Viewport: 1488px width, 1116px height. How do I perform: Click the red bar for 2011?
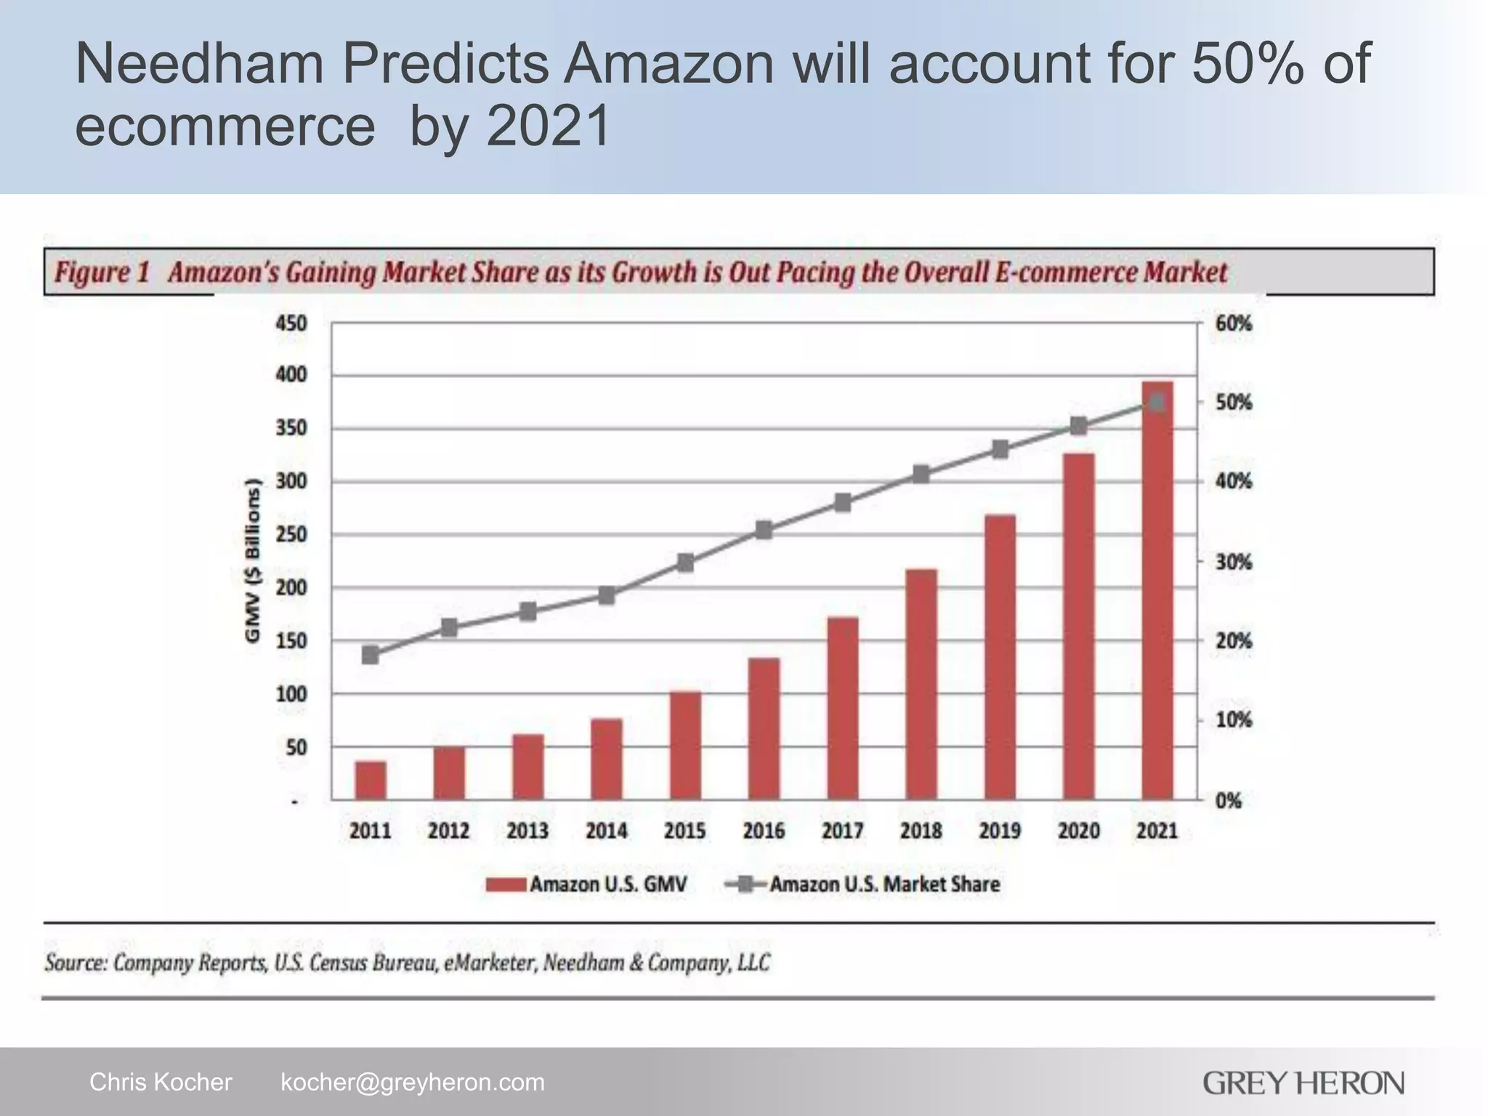[371, 780]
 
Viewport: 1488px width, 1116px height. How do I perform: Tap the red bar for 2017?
[843, 708]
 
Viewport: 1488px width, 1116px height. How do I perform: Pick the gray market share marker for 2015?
[685, 562]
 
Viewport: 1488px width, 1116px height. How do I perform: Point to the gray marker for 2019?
[1000, 450]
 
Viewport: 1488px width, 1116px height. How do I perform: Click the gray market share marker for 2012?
[449, 628]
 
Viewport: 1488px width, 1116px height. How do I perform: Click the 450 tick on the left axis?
[291, 323]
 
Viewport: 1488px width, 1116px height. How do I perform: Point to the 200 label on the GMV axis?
[291, 588]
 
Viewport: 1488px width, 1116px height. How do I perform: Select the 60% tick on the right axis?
[1234, 323]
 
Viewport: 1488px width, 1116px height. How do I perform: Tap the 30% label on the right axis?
[1234, 562]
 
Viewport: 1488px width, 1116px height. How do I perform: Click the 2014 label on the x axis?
[607, 830]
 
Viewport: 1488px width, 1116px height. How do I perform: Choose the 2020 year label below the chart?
[1078, 830]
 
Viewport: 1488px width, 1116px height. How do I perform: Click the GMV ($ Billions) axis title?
[252, 560]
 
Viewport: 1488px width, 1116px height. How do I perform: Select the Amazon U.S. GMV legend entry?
[586, 884]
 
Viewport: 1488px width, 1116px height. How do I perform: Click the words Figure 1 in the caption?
[102, 273]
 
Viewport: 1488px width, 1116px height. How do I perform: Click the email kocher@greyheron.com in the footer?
[412, 1082]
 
